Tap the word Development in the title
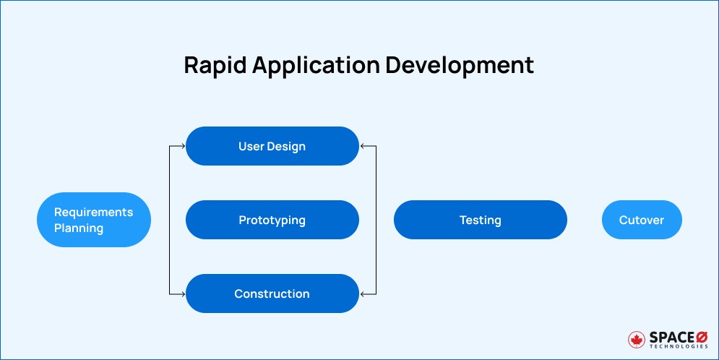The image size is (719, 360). pyautogui.click(x=460, y=65)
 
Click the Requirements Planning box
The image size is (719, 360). pyautogui.click(x=94, y=220)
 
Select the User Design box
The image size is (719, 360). pyautogui.click(x=272, y=146)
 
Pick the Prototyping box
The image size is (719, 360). pyautogui.click(x=272, y=220)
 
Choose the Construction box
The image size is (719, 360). pyautogui.click(x=272, y=293)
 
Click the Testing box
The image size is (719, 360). pyautogui.click(x=480, y=220)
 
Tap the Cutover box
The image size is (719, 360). pyautogui.click(x=641, y=220)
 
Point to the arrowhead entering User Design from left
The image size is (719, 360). pyautogui.click(x=183, y=146)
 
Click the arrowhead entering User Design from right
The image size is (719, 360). pyautogui.click(x=362, y=146)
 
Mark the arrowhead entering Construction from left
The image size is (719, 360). pyautogui.click(x=183, y=293)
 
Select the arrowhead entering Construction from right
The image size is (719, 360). pyautogui.click(x=362, y=293)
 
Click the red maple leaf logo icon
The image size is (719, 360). pyautogui.click(x=637, y=339)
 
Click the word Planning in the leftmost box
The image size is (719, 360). pyautogui.click(x=79, y=228)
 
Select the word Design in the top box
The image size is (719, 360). pyautogui.click(x=287, y=146)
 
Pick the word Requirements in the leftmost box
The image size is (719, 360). pyautogui.click(x=94, y=212)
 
